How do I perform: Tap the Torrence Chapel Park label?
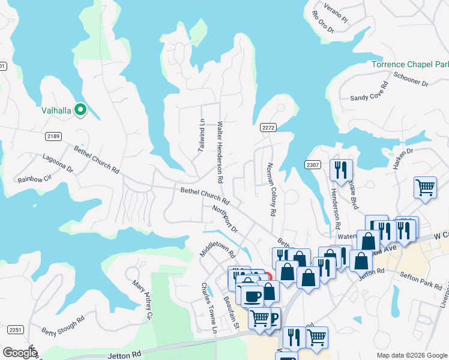tap(410, 64)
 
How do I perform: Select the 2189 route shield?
tap(53, 136)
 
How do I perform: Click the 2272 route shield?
tap(268, 127)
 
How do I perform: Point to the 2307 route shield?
tap(313, 164)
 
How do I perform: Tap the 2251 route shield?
tap(16, 330)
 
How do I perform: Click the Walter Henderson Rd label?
tap(220, 152)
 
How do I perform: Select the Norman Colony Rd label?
tap(270, 189)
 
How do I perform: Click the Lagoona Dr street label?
tap(57, 164)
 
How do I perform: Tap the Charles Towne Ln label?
tap(208, 307)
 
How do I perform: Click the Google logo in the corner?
tap(20, 353)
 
